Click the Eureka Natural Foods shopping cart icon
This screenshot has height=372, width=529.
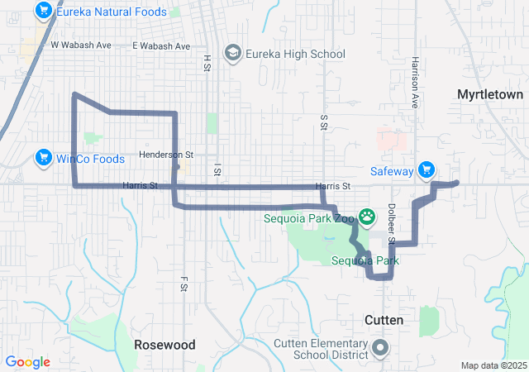(x=44, y=11)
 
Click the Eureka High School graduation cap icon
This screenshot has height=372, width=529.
(x=233, y=54)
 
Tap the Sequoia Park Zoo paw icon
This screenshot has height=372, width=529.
(x=366, y=219)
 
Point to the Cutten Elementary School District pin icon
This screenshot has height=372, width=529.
(x=381, y=348)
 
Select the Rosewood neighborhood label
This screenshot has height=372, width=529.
(x=164, y=344)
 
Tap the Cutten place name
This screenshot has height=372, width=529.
(x=384, y=319)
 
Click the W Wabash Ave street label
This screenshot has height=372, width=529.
(x=81, y=45)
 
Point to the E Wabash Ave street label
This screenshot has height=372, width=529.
(x=162, y=46)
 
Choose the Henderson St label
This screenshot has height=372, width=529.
(x=165, y=155)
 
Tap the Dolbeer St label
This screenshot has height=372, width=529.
(x=391, y=224)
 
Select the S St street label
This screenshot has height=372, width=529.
(x=323, y=122)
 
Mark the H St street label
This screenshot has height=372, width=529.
(x=207, y=62)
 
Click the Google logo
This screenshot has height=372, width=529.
(x=28, y=362)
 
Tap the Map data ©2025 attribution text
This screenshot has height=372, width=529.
(x=493, y=365)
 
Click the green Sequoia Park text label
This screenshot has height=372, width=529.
(x=365, y=261)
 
